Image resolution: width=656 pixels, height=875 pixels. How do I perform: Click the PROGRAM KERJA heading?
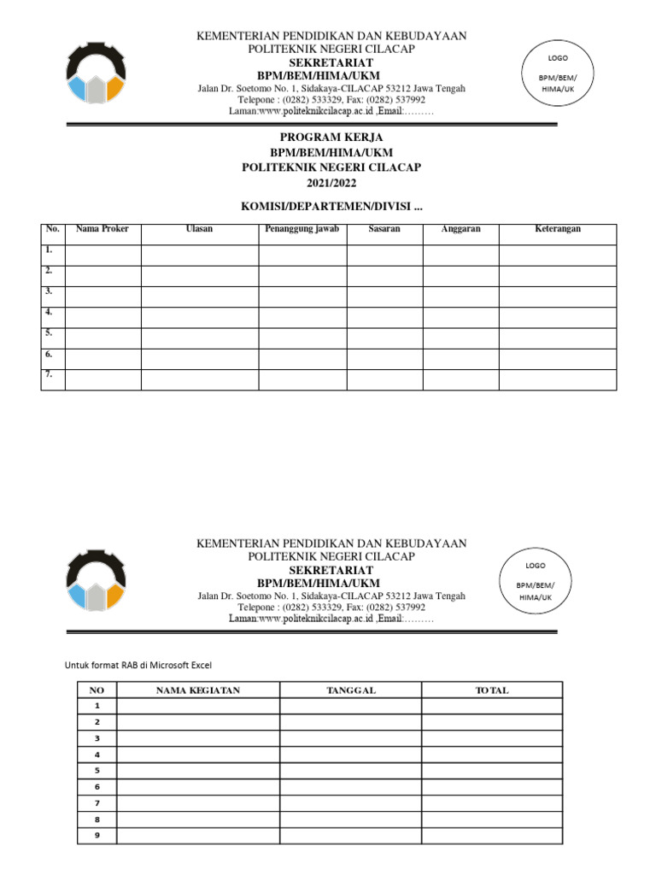[331, 137]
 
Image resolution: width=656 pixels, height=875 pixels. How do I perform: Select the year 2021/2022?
[331, 183]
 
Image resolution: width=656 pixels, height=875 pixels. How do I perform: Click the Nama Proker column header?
[102, 229]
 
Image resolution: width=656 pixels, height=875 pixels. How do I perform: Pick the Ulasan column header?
[199, 229]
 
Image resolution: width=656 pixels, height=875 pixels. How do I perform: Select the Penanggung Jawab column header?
[302, 229]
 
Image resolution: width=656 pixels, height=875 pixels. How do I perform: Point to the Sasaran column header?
[384, 229]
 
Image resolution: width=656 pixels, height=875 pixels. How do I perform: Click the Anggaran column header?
[460, 229]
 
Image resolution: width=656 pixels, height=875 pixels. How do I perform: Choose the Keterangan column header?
[557, 229]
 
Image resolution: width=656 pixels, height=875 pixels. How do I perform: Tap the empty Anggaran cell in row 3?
[460, 297]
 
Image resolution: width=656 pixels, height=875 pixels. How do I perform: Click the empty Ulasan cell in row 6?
[199, 359]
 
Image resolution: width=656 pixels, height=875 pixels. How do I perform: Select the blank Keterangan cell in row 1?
[557, 255]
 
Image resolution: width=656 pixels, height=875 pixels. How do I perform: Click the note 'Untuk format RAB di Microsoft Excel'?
[138, 665]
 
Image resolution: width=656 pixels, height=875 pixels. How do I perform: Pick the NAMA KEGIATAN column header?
[198, 690]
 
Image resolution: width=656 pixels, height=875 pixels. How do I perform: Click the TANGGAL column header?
[350, 690]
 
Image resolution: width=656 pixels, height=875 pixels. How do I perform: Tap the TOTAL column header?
[491, 690]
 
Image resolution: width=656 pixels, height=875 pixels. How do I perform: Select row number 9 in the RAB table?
[97, 835]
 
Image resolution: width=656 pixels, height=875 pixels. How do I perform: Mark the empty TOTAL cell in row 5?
[491, 771]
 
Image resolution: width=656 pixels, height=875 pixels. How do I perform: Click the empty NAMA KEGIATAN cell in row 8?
[198, 819]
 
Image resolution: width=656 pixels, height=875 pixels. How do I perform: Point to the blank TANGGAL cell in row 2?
[350, 722]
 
